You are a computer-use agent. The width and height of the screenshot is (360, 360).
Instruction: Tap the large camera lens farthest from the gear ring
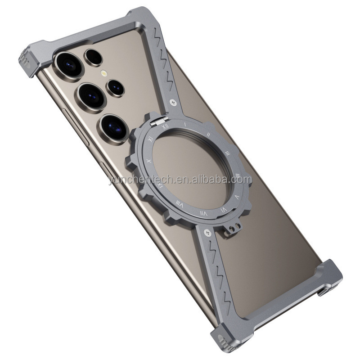click(x=67, y=64)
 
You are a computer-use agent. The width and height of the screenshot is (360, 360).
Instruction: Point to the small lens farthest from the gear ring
click(x=94, y=57)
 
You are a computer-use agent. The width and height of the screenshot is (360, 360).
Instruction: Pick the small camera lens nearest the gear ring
click(x=116, y=87)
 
